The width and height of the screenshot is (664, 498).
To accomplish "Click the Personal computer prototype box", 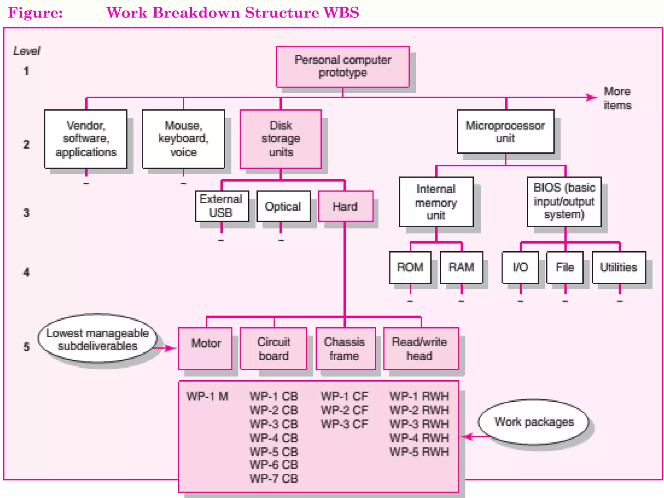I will coord(343,67).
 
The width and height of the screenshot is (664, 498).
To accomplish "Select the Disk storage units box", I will coord(281,139).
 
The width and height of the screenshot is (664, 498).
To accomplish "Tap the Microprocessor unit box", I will coord(505,132).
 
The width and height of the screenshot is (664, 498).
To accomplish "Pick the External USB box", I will coord(222,206).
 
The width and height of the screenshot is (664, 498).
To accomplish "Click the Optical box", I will coord(283,206).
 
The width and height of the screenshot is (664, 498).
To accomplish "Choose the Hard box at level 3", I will coord(345,206).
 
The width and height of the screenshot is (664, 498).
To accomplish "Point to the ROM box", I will coord(410,267).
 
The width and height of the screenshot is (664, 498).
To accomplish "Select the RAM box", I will coord(461,267).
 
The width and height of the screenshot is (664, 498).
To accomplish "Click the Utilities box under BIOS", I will coord(619,267).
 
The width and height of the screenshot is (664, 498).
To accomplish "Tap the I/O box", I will coord(520,267).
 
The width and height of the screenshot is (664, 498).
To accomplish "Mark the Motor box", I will coord(206,348).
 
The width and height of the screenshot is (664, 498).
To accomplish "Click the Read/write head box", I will coord(421,348).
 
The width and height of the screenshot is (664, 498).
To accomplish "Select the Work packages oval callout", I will coord(534,422).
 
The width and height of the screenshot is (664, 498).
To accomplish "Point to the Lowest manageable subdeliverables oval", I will coord(97,339).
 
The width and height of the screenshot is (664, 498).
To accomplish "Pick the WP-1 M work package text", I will coord(207,396).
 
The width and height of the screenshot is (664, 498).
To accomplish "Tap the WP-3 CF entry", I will coord(344,424).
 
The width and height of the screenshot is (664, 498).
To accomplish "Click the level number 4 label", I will coord(26,272).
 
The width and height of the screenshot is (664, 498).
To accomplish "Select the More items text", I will coord(617,98).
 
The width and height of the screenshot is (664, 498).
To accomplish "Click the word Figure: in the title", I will coord(35,13).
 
